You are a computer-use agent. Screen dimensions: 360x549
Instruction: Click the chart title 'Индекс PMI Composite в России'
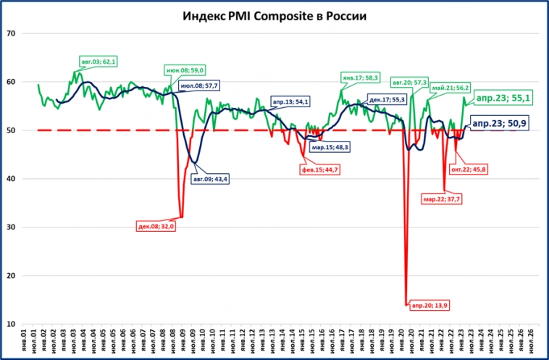pos(274,15)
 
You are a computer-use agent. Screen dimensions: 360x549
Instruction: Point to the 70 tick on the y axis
pos(12,33)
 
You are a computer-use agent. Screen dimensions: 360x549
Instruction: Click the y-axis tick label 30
pos(12,227)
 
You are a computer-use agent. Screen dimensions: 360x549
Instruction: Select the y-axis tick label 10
pos(12,325)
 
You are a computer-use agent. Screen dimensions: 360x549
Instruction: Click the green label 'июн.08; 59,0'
pos(186,70)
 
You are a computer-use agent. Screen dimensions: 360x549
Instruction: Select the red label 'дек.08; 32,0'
pos(156,226)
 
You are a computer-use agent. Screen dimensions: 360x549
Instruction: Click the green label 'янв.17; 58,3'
pos(360,77)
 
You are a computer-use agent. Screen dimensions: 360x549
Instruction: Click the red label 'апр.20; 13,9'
pos(429,306)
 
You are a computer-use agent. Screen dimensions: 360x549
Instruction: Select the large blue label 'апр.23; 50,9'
pos(499,124)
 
